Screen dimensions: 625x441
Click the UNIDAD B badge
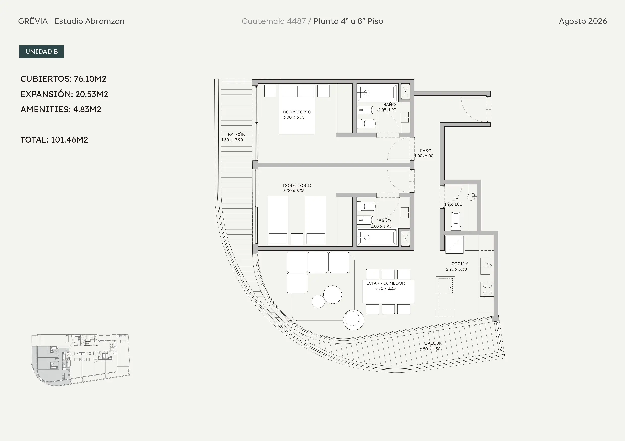point(42,52)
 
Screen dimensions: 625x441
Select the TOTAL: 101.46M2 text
point(54,140)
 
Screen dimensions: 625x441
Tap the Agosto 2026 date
point(583,21)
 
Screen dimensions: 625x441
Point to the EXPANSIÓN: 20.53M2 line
point(64,94)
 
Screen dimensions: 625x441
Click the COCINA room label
point(460,264)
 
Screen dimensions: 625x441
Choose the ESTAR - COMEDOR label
point(385,283)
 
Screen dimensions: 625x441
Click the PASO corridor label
point(426,151)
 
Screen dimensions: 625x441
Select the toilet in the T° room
point(456,221)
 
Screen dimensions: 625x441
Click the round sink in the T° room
point(471,197)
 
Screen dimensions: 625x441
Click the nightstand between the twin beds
point(297,239)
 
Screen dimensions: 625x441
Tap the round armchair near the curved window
point(353,320)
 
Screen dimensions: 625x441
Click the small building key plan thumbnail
point(81,360)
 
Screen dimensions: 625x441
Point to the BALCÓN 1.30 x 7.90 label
point(233,137)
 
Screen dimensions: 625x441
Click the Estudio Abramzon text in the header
point(89,21)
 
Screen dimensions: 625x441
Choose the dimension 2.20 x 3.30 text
point(456,269)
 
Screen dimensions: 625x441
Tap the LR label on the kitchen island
point(450,289)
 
